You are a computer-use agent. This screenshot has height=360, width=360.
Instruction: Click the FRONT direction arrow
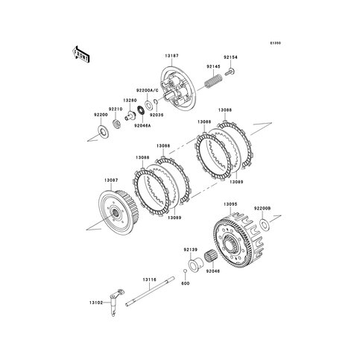coord(80,54)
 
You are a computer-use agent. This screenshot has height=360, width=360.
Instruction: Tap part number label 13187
coord(171,56)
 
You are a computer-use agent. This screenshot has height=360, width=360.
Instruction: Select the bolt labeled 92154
coord(230,72)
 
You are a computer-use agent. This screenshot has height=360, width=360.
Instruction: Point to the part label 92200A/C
coord(147,91)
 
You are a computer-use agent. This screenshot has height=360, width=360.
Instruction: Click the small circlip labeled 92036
coord(155,101)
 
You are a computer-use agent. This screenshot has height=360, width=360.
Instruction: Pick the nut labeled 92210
coord(116,124)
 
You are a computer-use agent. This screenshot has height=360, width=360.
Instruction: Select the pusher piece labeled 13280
coord(130,116)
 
